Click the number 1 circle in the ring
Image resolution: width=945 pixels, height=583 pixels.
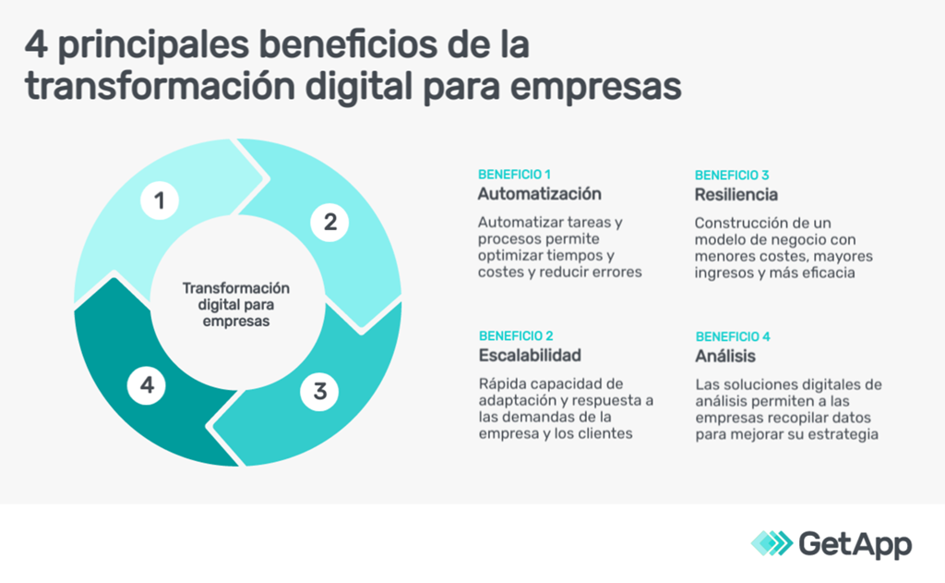pyautogui.click(x=160, y=200)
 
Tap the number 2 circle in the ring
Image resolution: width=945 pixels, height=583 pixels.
pyautogui.click(x=329, y=222)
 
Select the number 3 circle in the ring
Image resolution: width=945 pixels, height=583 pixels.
pyautogui.click(x=319, y=392)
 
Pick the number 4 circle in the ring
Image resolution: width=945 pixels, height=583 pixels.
pyautogui.click(x=147, y=385)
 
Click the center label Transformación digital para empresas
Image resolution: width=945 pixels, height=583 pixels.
pyautogui.click(x=236, y=304)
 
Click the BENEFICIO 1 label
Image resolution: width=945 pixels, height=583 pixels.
pyautogui.click(x=514, y=175)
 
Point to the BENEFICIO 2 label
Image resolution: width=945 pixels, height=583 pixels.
pyautogui.click(x=516, y=336)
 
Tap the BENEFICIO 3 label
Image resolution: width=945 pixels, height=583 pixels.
pyautogui.click(x=732, y=175)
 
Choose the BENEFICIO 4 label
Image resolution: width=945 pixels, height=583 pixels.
pyautogui.click(x=733, y=336)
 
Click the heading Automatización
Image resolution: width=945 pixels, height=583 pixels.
pyautogui.click(x=539, y=194)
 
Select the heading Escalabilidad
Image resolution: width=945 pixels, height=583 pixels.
pyautogui.click(x=530, y=356)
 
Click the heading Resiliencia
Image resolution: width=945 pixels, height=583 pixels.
pyautogui.click(x=736, y=194)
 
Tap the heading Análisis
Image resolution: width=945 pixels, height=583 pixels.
pyautogui.click(x=725, y=356)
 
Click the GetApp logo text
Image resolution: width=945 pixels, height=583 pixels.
pyautogui.click(x=855, y=545)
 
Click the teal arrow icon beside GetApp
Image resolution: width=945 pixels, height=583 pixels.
pyautogui.click(x=772, y=543)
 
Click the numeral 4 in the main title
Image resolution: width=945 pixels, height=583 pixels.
pyautogui.click(x=36, y=45)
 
